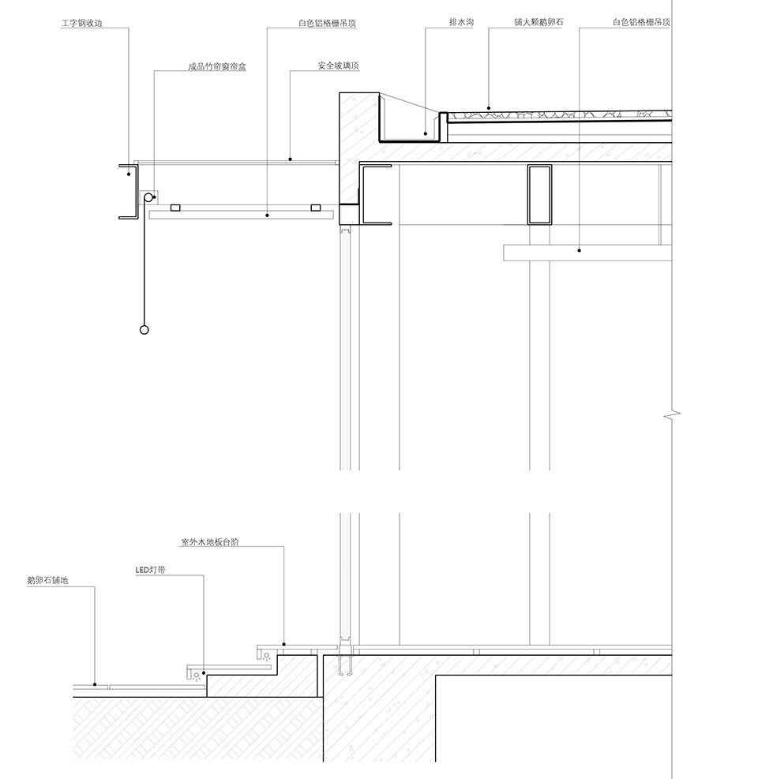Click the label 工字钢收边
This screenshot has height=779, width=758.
pyautogui.click(x=82, y=23)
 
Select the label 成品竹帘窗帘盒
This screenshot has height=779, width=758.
pyautogui.click(x=217, y=66)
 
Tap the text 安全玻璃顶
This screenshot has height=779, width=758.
pyautogui.click(x=339, y=66)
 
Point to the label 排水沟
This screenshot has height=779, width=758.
pyautogui.click(x=461, y=22)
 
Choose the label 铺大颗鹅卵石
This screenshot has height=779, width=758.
pyautogui.click(x=538, y=22)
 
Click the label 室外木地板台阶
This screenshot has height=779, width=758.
pyautogui.click(x=210, y=542)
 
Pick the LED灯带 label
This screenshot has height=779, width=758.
pyautogui.click(x=151, y=570)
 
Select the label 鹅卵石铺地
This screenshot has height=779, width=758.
pyautogui.click(x=47, y=580)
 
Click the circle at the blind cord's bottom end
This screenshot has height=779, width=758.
pyautogui.click(x=144, y=329)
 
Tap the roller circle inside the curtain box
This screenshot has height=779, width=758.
pyautogui.click(x=148, y=198)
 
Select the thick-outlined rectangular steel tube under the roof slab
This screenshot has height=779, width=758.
pyautogui.click(x=539, y=194)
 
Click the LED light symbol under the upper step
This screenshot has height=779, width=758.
pyautogui.click(x=267, y=657)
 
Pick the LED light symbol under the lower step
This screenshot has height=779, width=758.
pyautogui.click(x=197, y=676)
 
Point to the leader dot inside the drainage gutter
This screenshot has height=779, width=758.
pyautogui.click(x=426, y=133)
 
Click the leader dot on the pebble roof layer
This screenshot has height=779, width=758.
pyautogui.click(x=489, y=108)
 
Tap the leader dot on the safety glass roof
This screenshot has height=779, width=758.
pyautogui.click(x=291, y=159)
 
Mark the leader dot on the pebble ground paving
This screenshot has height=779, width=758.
pyautogui.click(x=95, y=684)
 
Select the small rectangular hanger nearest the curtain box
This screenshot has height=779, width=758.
pyautogui.click(x=175, y=208)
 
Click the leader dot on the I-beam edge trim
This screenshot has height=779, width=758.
pyautogui.click(x=129, y=174)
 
